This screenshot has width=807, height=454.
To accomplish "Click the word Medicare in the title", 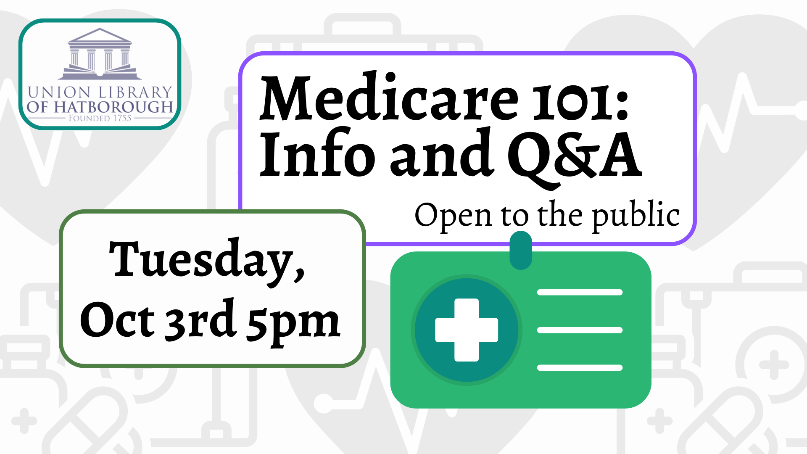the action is (x=389, y=97).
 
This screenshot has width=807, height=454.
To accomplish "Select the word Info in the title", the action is (x=317, y=154).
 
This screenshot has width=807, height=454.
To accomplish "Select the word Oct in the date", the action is (x=117, y=320).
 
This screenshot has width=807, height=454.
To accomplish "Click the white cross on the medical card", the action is (x=467, y=330).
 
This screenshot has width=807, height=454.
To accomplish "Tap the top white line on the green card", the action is (x=580, y=293).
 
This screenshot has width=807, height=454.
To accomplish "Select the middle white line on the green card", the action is (x=580, y=330).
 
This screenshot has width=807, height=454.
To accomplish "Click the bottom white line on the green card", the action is (x=580, y=368).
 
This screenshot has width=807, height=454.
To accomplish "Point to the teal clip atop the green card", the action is (x=521, y=251).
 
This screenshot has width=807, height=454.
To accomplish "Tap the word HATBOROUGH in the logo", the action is (x=113, y=107).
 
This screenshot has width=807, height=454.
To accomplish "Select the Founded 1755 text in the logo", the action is (x=100, y=118).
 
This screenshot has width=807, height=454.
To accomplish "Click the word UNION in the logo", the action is (x=59, y=92).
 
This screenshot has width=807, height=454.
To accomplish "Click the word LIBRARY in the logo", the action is (x=135, y=92).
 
